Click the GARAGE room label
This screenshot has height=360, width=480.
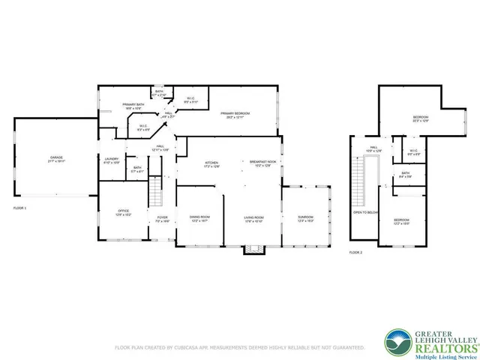pos(56,157)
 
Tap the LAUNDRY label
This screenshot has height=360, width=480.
pos(112,158)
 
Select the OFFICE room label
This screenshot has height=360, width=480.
pos(113,212)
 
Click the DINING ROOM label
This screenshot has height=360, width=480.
pos(199,217)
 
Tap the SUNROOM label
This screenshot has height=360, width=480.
pos(304,217)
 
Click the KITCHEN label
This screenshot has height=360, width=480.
pos(212,163)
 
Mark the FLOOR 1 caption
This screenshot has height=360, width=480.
pos(20,207)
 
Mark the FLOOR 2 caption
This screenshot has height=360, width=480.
pos(355,253)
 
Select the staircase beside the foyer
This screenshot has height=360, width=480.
pos(156,192)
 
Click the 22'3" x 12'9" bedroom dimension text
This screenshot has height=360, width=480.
pos(421,121)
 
